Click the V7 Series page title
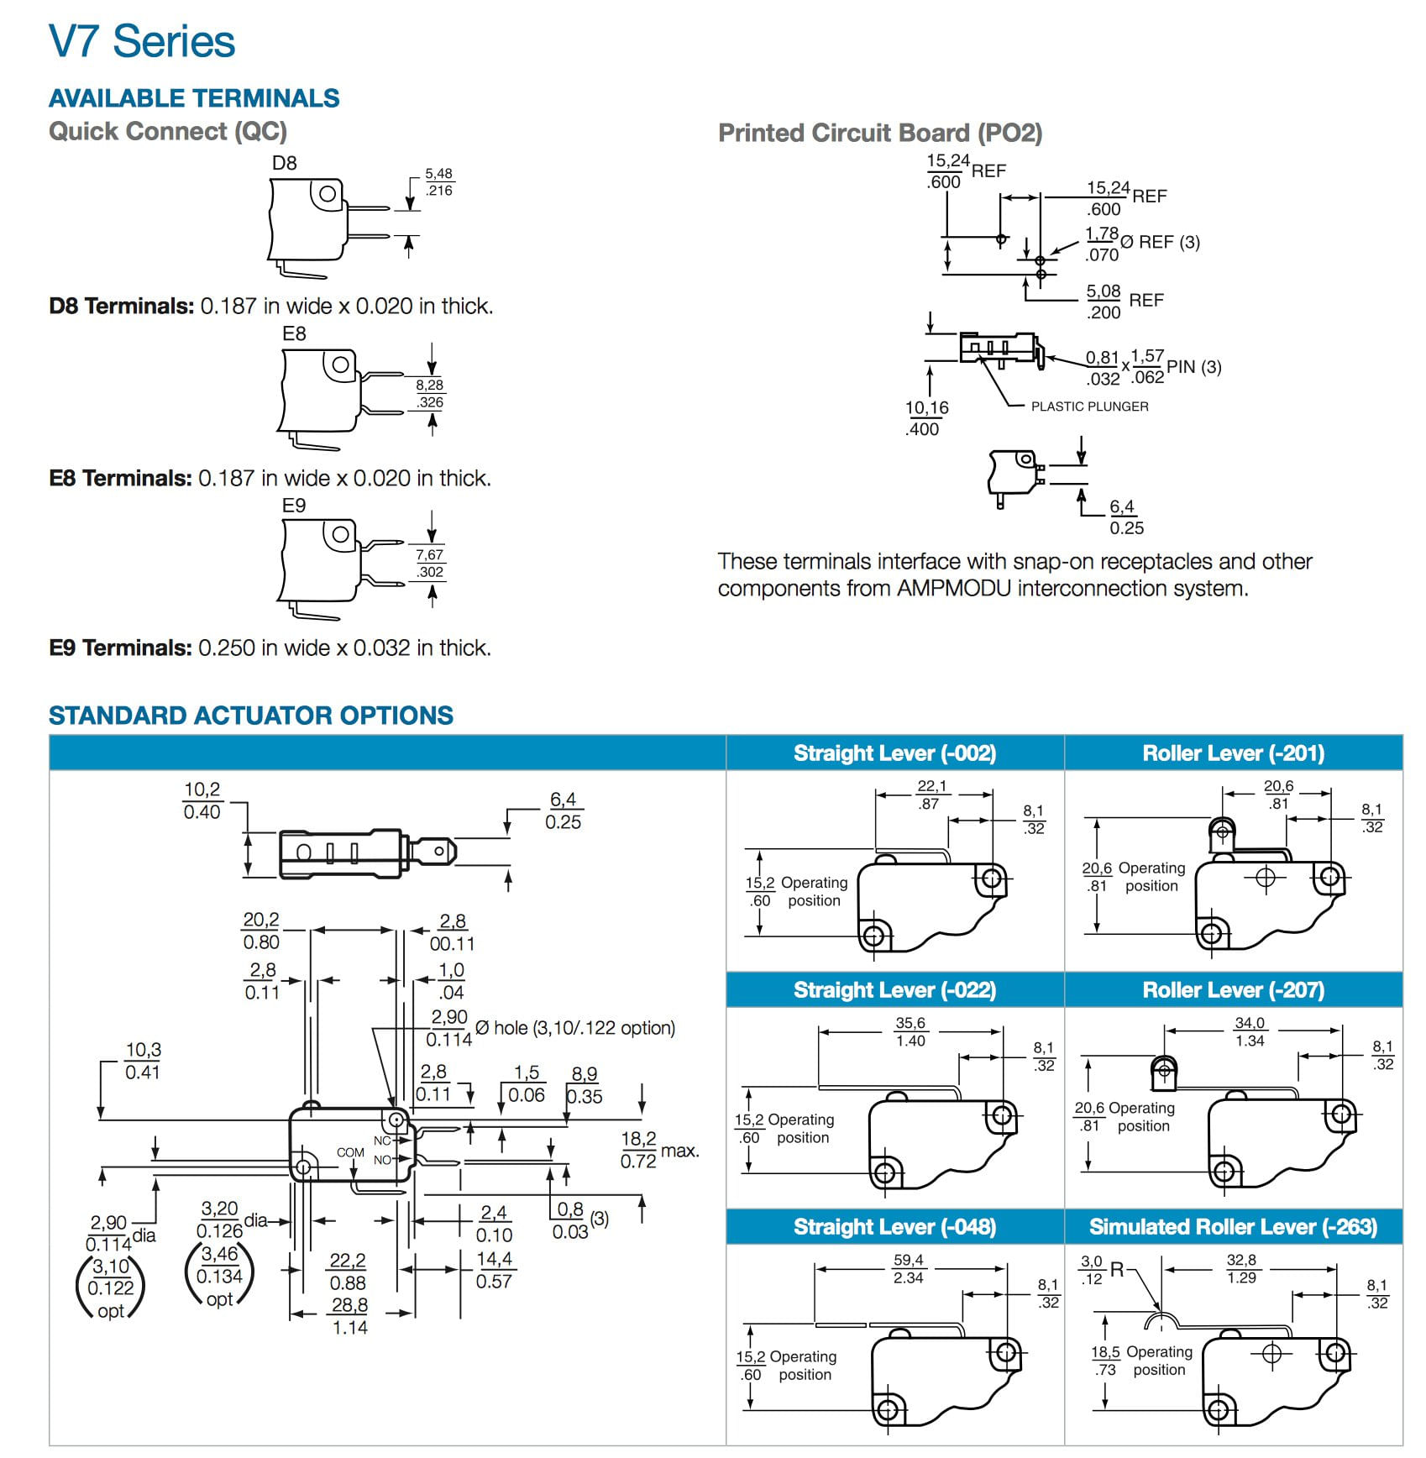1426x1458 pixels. [142, 42]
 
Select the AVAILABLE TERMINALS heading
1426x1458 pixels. [194, 98]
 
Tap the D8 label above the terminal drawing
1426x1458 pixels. [284, 163]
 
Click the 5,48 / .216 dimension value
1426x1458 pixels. [438, 182]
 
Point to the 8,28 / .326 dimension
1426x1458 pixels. [430, 394]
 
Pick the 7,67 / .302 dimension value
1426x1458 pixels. [430, 564]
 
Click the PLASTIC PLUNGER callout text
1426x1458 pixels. [1089, 406]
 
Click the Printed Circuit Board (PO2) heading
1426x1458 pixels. [880, 133]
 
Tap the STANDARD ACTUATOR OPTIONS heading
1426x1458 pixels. [250, 716]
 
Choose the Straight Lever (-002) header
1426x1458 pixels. [894, 753]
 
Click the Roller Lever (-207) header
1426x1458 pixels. [1233, 990]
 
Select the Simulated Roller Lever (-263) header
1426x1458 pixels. [1233, 1227]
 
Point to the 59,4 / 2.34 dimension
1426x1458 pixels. [909, 1269]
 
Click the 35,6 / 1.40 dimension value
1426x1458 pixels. [910, 1032]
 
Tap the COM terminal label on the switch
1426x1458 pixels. [350, 1152]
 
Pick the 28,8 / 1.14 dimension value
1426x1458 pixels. [349, 1316]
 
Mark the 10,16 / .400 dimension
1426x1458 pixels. [926, 418]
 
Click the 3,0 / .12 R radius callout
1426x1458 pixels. [1101, 1271]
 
